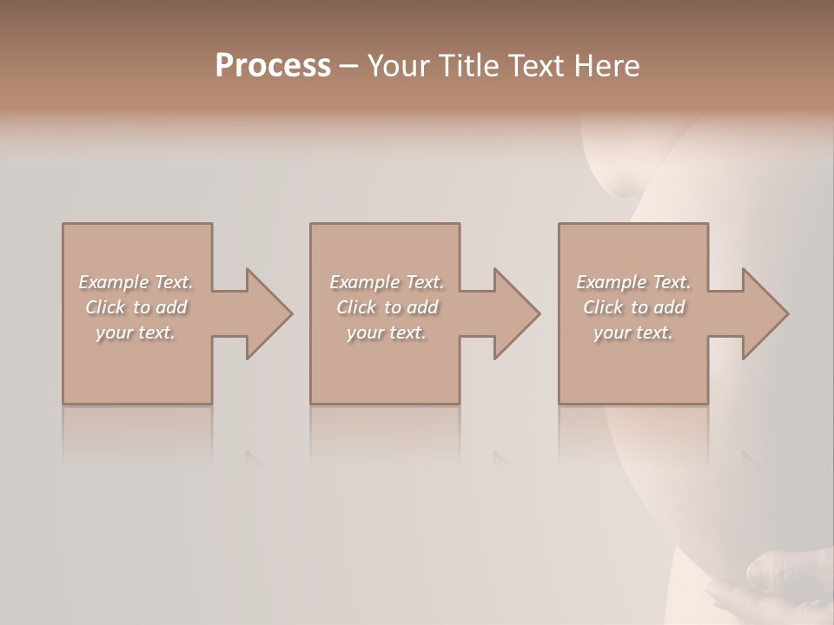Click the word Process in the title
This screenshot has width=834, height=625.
273,66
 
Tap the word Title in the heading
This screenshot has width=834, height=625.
468,66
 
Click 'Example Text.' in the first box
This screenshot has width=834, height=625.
136,282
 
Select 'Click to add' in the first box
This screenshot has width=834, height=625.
136,307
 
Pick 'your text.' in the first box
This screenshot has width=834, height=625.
136,332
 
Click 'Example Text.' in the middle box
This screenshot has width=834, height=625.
386,282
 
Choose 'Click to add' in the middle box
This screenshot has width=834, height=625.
386,307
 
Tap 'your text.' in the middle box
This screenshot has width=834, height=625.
386,332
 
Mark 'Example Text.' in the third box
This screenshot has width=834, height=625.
633,282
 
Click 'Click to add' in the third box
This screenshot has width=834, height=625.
633,307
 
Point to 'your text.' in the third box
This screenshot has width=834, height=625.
633,332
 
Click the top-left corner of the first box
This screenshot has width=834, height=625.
63,225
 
